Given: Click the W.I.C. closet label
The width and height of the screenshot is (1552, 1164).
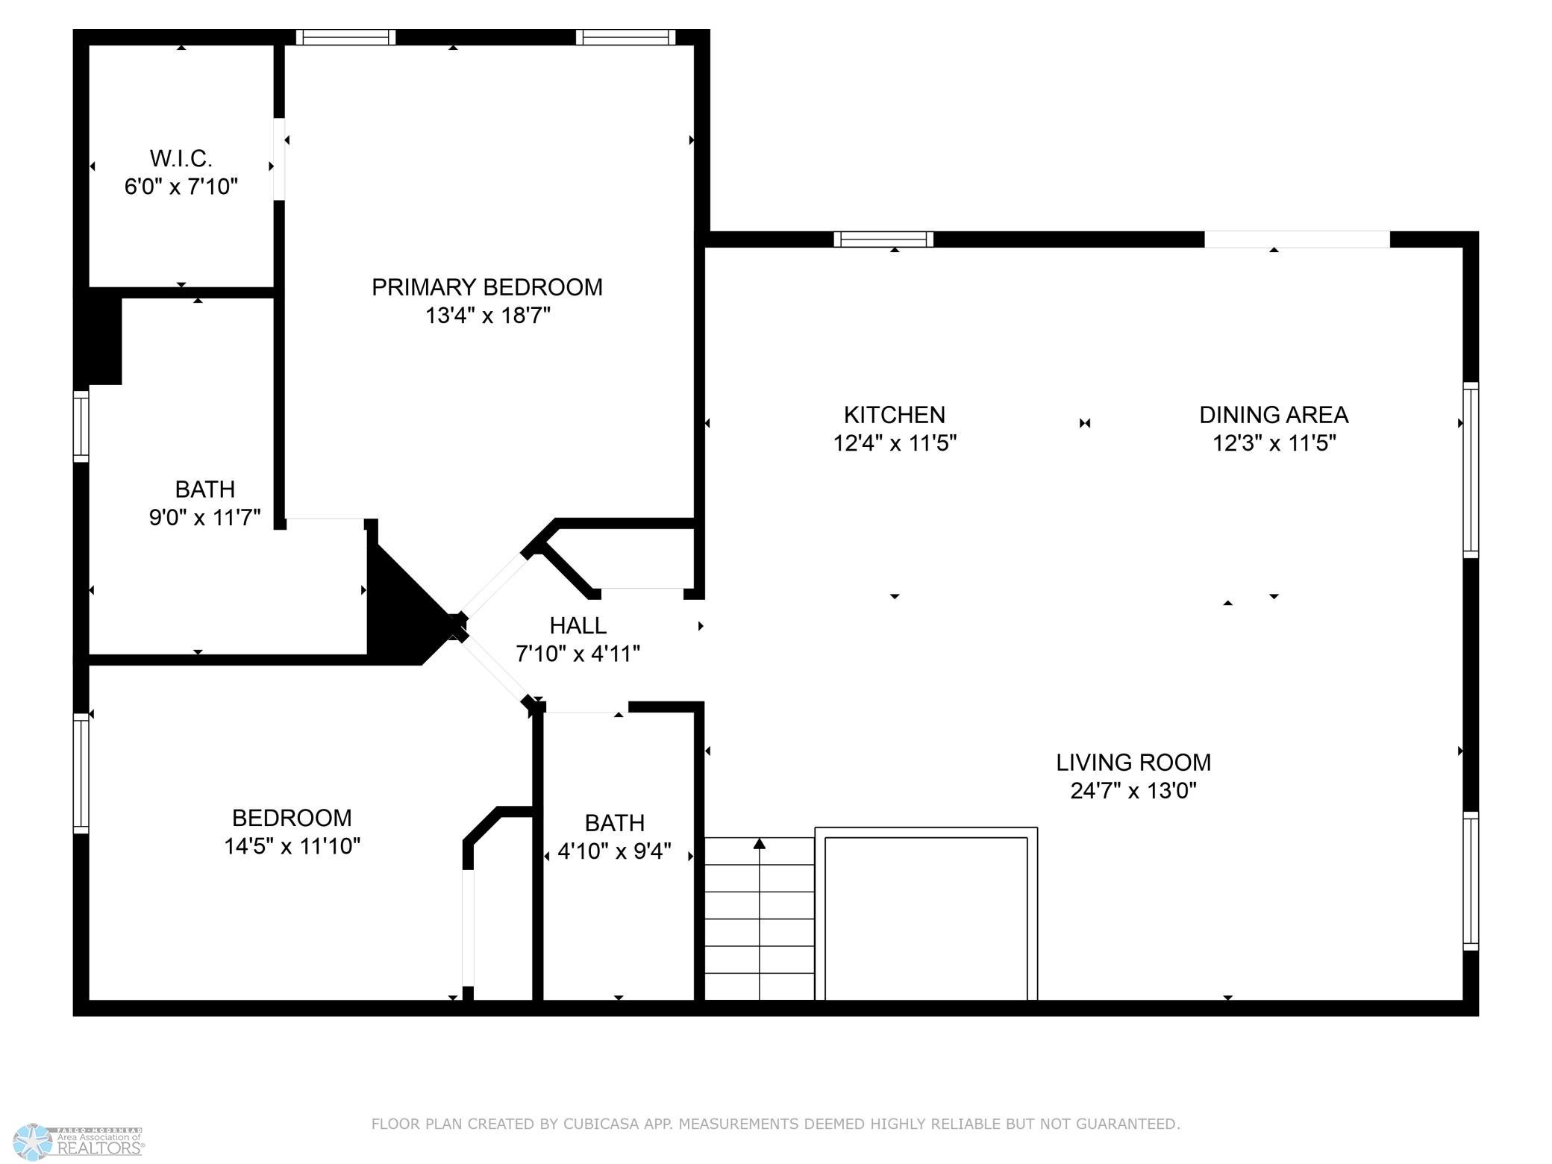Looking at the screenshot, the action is (181, 159).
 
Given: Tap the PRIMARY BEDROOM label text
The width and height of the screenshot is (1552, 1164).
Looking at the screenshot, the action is (487, 287).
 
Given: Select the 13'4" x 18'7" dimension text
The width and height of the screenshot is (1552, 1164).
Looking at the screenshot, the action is (488, 316).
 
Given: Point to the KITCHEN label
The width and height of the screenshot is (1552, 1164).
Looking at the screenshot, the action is (895, 415).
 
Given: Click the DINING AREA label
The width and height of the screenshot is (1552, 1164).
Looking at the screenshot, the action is (1274, 415).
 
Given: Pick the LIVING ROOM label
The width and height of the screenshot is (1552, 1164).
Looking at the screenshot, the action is (1133, 763).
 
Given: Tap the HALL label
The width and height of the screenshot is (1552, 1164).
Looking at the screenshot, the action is (578, 625).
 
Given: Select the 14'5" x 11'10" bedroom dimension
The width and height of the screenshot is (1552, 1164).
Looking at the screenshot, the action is (292, 846).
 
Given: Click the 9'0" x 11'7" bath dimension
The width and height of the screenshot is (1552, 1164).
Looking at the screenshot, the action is (205, 517).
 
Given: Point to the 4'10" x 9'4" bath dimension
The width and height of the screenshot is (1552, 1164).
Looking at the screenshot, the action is (615, 851).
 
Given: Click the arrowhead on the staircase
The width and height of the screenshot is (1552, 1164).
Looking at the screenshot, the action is (760, 844).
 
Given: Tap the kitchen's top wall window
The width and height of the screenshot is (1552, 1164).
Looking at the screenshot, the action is (883, 240).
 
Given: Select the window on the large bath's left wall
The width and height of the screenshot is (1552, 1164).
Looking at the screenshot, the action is (81, 426).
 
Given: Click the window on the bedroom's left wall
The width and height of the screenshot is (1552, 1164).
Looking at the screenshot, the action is (81, 773).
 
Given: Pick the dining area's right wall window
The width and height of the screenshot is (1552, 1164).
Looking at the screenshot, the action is (1471, 470).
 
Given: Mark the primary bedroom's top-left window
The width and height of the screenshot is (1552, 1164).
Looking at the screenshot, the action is (345, 37).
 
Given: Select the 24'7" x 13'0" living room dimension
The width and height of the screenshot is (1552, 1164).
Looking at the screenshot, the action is (1133, 790).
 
